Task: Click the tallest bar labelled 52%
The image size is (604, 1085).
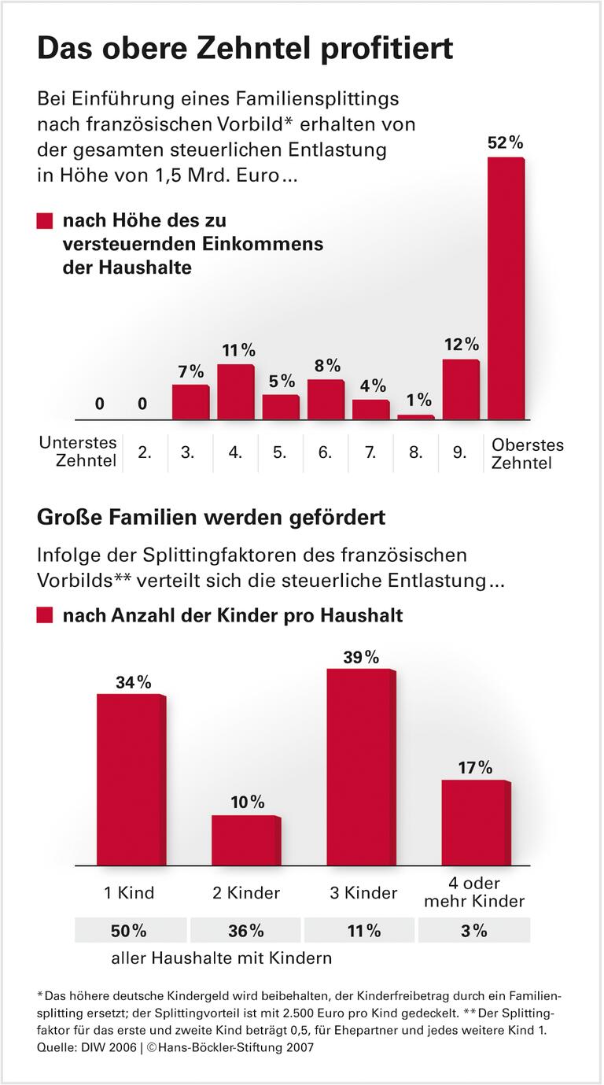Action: [506, 288]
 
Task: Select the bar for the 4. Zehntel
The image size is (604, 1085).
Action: [235, 392]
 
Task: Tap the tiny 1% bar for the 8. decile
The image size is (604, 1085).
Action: [415, 417]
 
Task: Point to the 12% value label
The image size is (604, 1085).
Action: [461, 345]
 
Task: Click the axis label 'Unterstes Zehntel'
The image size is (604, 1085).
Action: [78, 452]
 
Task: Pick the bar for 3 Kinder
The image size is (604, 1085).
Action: [360, 767]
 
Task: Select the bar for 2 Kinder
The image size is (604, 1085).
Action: [245, 840]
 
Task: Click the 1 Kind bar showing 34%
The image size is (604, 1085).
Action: [131, 780]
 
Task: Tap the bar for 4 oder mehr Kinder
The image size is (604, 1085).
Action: [475, 822]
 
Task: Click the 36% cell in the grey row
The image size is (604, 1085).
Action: [246, 931]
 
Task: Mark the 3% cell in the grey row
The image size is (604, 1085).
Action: [474, 931]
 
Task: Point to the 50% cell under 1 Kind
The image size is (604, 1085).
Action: [131, 931]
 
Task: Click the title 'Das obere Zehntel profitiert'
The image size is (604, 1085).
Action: [245, 49]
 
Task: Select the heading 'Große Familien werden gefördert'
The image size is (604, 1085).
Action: [211, 519]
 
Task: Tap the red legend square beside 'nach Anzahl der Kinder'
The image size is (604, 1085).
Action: [45, 615]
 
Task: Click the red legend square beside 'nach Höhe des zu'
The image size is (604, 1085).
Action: [45, 222]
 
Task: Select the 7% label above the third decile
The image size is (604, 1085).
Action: [190, 371]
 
